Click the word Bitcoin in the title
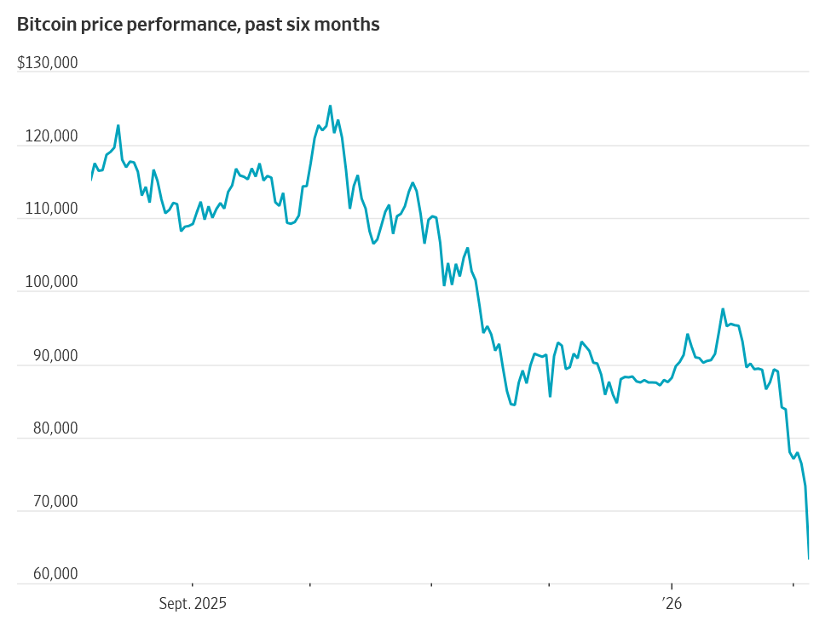click(45, 25)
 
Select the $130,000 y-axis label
click(48, 63)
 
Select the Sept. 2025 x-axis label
click(193, 604)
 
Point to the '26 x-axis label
click(672, 604)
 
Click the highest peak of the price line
click(330, 106)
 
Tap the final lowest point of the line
click(808, 559)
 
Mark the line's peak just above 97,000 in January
click(723, 309)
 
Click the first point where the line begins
click(91, 179)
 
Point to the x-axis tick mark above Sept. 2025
click(193, 586)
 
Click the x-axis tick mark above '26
click(672, 586)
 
